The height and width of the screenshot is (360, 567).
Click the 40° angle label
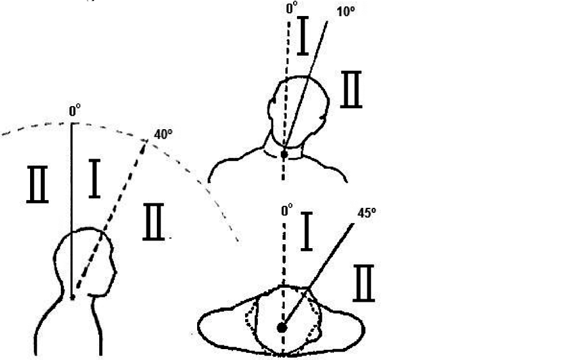click(163, 134)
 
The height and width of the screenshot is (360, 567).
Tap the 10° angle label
click(346, 12)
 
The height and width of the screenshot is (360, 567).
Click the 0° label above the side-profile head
click(75, 111)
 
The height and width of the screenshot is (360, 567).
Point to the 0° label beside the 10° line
click(292, 7)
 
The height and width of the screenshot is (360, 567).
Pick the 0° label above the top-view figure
click(287, 210)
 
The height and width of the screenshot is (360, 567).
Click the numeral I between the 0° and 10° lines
click(303, 36)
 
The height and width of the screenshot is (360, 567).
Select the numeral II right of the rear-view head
click(351, 90)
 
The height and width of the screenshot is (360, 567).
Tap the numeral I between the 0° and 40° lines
click(94, 178)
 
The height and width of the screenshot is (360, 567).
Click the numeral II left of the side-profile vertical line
click(37, 184)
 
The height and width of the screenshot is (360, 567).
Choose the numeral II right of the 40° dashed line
click(154, 222)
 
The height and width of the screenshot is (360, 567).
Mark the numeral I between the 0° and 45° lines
click(307, 231)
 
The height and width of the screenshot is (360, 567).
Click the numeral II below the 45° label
click(363, 283)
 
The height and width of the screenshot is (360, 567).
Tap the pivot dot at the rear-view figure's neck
click(284, 154)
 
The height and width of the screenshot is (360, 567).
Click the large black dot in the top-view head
click(282, 328)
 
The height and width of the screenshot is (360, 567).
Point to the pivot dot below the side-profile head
click(72, 297)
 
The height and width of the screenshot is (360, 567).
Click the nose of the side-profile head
click(115, 272)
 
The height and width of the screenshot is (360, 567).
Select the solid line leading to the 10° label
click(305, 84)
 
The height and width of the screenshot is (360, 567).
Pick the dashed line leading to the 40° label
click(110, 214)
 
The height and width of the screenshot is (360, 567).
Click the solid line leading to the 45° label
click(318, 276)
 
